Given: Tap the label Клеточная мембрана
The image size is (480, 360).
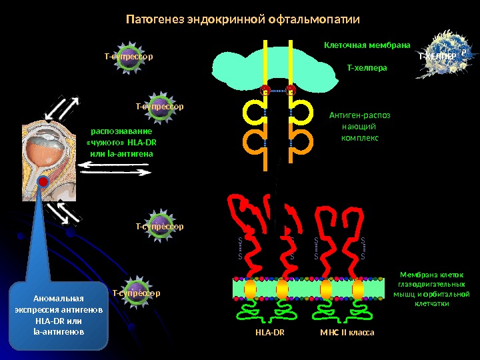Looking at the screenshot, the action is (367, 45).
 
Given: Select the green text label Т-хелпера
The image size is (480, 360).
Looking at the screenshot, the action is (367, 68).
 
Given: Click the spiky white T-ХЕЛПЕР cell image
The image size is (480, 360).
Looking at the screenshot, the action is (440, 56).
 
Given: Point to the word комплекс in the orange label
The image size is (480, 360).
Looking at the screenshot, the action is (359, 138).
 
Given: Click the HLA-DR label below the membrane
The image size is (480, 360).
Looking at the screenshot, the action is (269, 332).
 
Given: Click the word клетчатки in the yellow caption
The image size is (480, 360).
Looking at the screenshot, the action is (431, 303).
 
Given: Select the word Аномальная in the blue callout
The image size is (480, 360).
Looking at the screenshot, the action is (59, 298).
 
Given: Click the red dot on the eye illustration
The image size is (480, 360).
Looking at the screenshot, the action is (43, 181).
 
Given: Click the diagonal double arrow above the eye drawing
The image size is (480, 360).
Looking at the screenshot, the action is (65, 109).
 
